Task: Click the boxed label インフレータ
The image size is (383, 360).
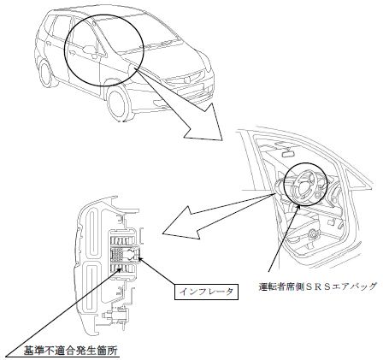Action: point(206,292)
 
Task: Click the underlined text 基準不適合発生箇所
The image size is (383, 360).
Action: point(70,351)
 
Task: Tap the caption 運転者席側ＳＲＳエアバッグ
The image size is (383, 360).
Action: point(318,286)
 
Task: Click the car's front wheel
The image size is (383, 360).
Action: point(117,103)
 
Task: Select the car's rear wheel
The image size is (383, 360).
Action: point(45,72)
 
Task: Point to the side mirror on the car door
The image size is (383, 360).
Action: point(90,50)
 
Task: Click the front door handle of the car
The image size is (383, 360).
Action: point(71,52)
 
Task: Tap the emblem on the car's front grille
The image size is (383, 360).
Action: point(188,76)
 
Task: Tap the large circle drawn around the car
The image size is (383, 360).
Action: point(104,50)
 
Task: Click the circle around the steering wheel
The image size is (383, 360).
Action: point(305,184)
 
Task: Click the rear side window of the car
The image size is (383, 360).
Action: point(62,27)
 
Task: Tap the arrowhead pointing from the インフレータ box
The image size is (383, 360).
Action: point(140,259)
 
